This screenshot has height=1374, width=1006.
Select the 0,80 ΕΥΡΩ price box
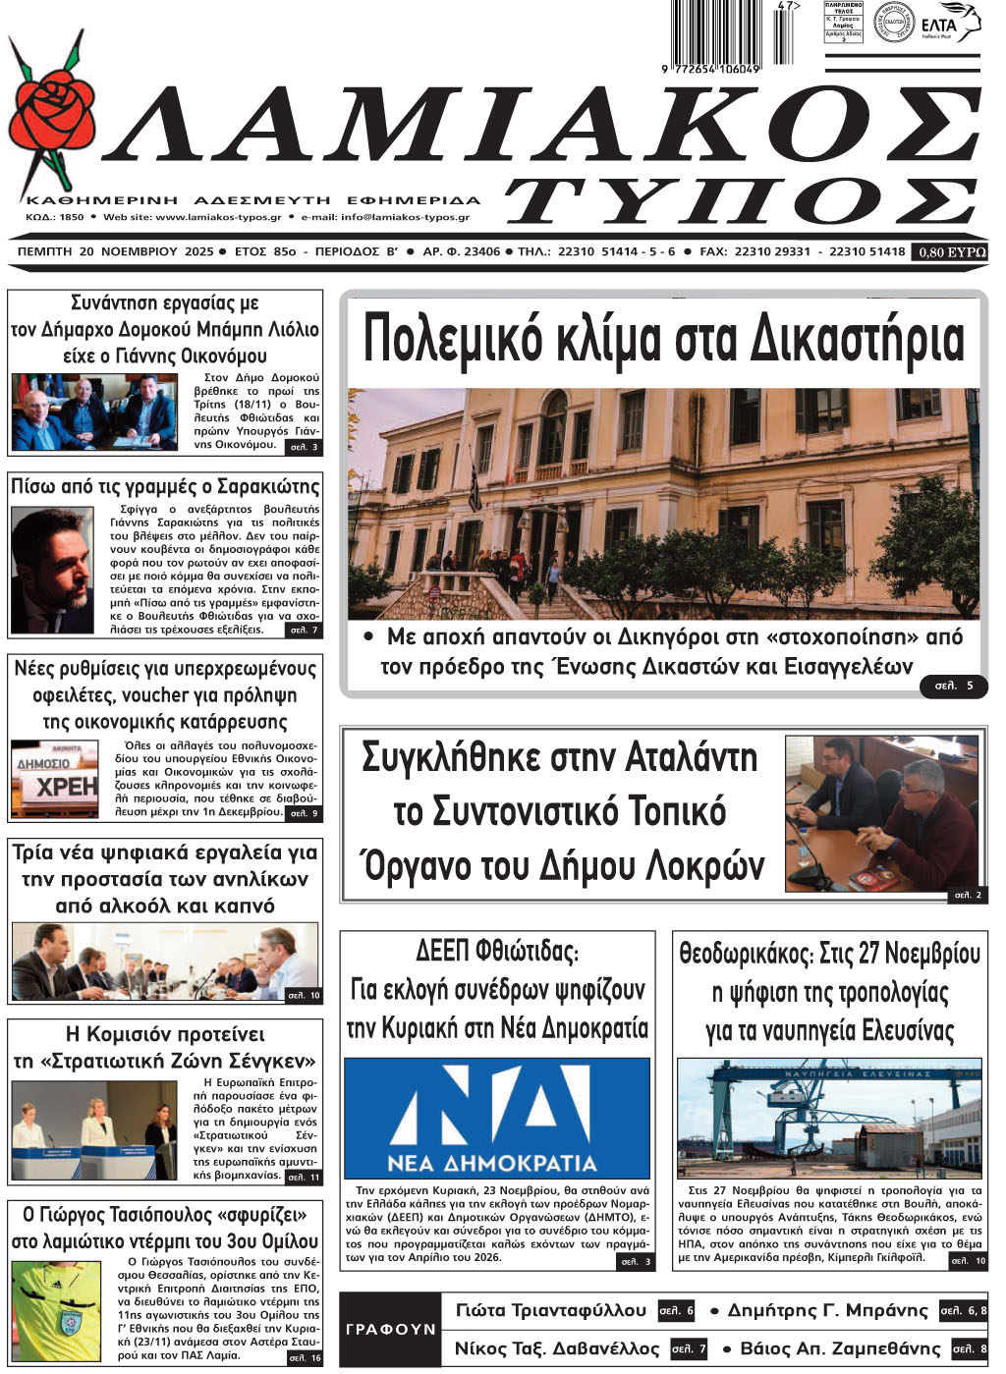click(x=951, y=252)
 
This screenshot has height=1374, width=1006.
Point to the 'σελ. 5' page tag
click(x=953, y=686)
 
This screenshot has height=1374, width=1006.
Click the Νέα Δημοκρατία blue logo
click(x=496, y=1118)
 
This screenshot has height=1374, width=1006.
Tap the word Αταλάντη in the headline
click(x=687, y=758)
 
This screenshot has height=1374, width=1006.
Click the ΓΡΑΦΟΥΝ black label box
click(x=390, y=1329)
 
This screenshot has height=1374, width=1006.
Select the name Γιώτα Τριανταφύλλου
click(x=551, y=1311)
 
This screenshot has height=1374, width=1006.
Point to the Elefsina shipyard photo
click(x=829, y=1119)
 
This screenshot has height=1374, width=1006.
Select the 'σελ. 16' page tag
click(x=303, y=1357)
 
